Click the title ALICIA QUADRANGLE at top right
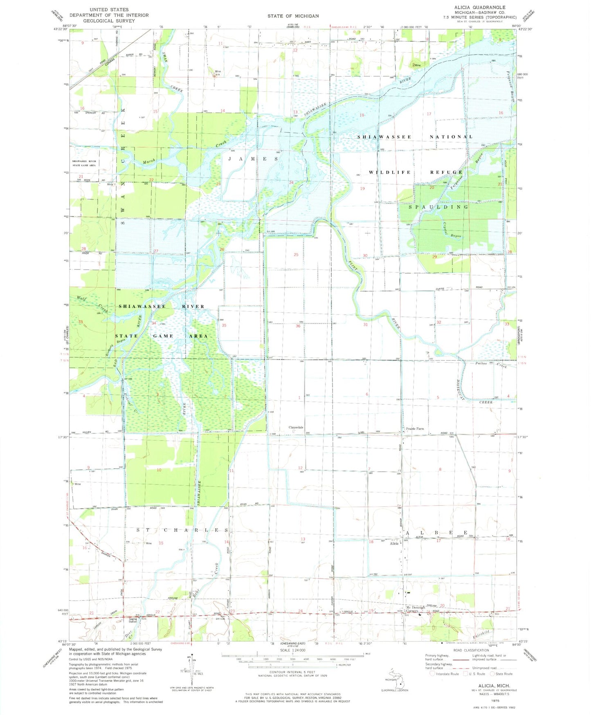click(x=474, y=7)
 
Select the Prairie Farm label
click(x=415, y=429)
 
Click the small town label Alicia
click(x=394, y=543)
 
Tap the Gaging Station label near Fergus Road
click(x=133, y=620)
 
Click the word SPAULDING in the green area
click(x=438, y=207)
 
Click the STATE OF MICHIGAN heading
click(x=293, y=16)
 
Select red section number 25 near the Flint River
click(x=296, y=255)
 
